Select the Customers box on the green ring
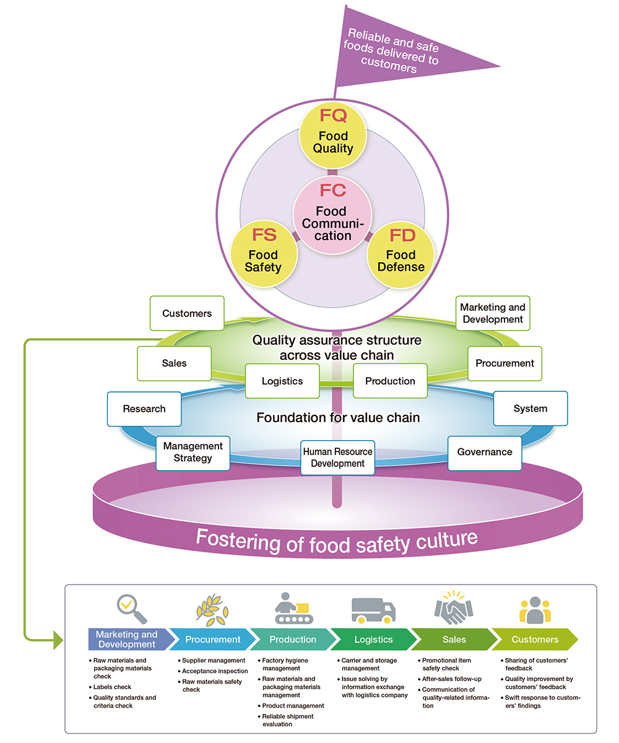(186, 313)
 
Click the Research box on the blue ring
(144, 409)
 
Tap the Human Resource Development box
(337, 458)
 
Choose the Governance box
(484, 452)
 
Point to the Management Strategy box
(193, 452)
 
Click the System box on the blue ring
(530, 409)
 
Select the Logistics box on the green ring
(282, 381)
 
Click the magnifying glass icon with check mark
(131, 609)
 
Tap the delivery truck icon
(373, 610)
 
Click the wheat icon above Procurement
(212, 607)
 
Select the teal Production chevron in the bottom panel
(291, 640)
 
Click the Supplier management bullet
(214, 661)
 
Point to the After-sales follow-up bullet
(451, 679)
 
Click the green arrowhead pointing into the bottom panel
(59, 640)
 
